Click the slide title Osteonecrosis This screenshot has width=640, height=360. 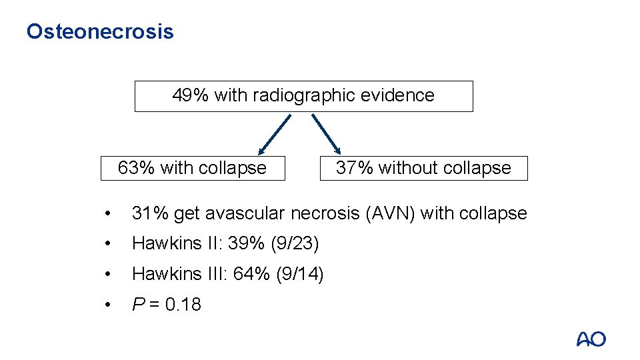[x=100, y=31]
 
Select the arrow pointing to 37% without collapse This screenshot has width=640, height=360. [x=327, y=133]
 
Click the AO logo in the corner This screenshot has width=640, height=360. [x=591, y=339]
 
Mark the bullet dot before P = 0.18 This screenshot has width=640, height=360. [x=107, y=305]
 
